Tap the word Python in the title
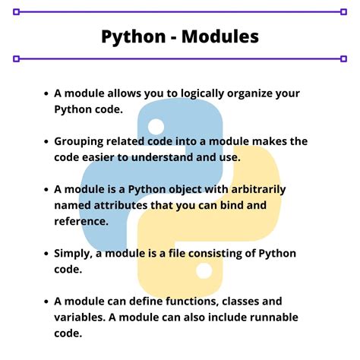tap(131, 36)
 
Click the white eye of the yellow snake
tap(204, 270)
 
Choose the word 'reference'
tap(81, 221)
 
